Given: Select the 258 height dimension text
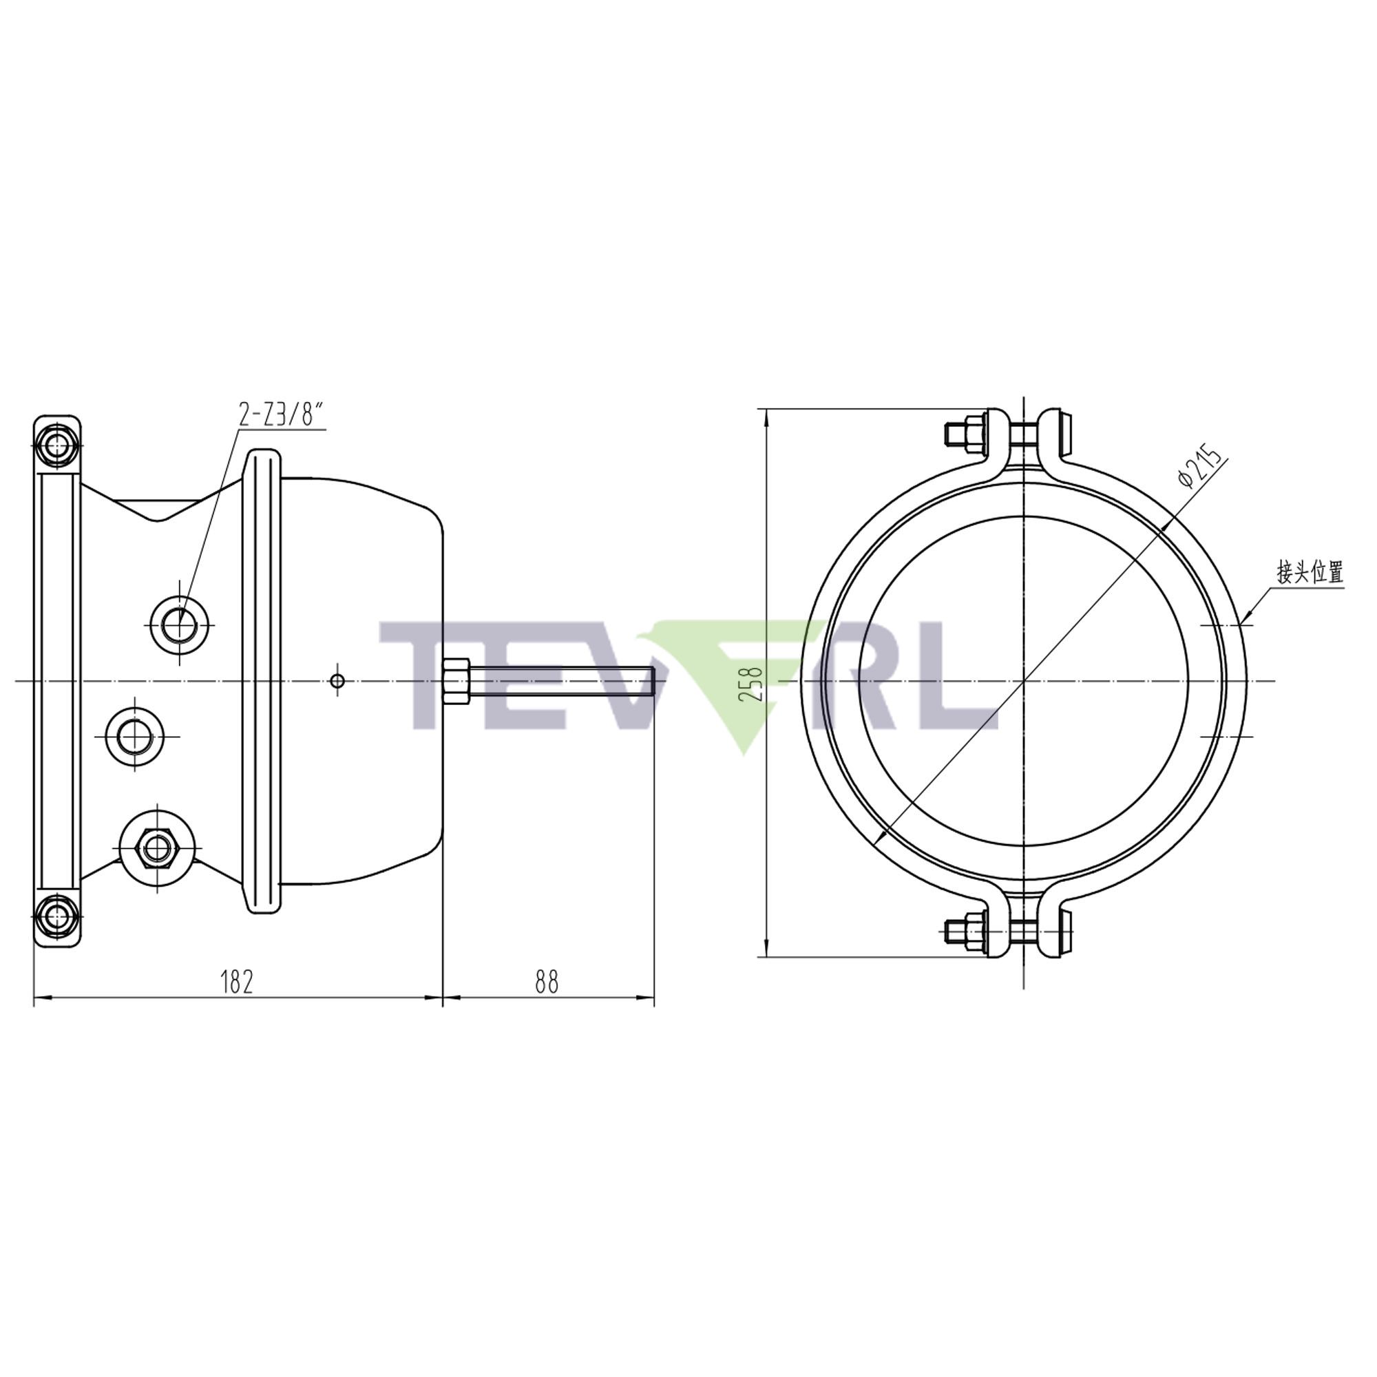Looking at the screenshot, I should (x=752, y=683).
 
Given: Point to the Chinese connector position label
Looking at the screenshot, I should (x=1310, y=572).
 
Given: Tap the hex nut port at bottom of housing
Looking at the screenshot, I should (x=157, y=848).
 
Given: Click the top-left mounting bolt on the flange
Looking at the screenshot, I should (x=56, y=445).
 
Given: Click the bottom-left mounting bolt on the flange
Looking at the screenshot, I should (x=56, y=918).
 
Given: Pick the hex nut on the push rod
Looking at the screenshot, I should (x=455, y=682).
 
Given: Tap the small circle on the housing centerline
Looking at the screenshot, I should (x=338, y=682).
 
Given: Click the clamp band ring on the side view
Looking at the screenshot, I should (x=262, y=682).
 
